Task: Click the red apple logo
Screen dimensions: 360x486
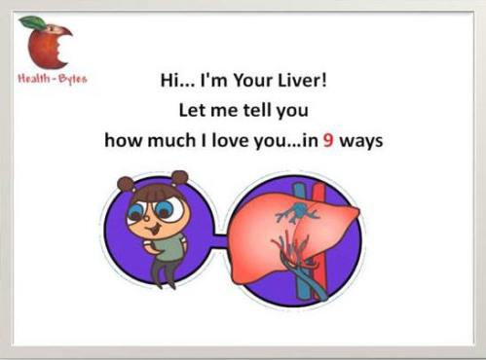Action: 47,48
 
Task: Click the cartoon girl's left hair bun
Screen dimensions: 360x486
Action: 126,183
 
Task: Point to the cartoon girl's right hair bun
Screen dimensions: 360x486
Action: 179,178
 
